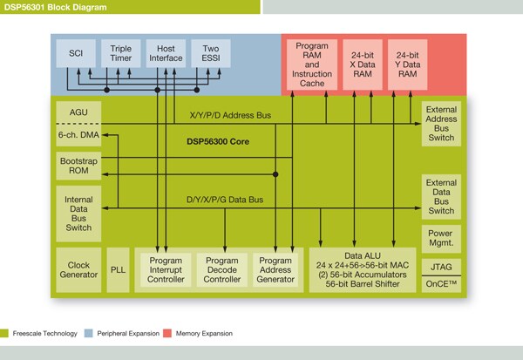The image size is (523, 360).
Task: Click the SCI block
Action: [x=75, y=52]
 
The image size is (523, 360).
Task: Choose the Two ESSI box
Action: [x=210, y=52]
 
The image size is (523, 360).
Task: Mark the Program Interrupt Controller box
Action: [x=165, y=270]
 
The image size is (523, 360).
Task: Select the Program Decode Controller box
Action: [x=222, y=270]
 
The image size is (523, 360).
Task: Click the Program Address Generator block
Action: [x=275, y=270]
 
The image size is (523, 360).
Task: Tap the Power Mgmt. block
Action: [x=440, y=238]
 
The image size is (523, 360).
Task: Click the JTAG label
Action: [x=440, y=265]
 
